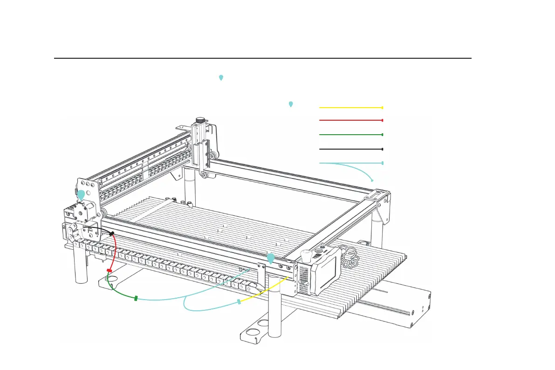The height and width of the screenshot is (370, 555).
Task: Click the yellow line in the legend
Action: [350, 107]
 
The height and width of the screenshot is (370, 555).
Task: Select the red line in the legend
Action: [350, 120]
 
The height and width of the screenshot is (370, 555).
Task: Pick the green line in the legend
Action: [350, 134]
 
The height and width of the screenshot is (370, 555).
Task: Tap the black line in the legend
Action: [350, 149]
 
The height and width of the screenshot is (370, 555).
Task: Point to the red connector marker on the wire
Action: [110, 270]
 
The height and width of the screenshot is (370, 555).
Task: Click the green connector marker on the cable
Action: [136, 298]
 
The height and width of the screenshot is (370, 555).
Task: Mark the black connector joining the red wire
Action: [112, 232]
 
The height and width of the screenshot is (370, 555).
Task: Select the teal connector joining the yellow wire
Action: [239, 302]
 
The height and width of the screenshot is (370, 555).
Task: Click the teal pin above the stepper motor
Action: [81, 195]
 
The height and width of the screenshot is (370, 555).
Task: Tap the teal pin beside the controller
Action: [270, 258]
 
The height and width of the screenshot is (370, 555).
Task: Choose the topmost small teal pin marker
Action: [221, 77]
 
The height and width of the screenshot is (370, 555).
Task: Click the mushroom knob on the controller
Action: [307, 255]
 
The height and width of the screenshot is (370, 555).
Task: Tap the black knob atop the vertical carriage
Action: [200, 121]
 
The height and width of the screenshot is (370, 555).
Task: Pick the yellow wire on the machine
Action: [263, 291]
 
